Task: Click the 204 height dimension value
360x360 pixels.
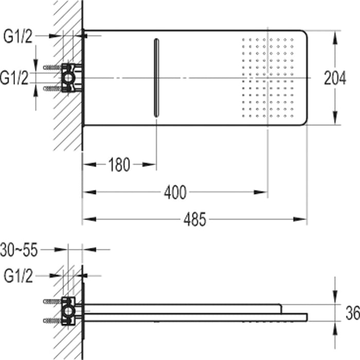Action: point(335,78)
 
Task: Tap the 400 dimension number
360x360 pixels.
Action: point(175,193)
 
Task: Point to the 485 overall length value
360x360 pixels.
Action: point(195,220)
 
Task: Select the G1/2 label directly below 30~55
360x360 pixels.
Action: point(18,276)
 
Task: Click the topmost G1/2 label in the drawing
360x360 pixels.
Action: point(18,36)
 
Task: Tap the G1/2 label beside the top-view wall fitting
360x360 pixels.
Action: point(14,78)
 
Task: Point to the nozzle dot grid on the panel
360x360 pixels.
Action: point(267,77)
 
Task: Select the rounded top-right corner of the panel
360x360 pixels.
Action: point(303,34)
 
